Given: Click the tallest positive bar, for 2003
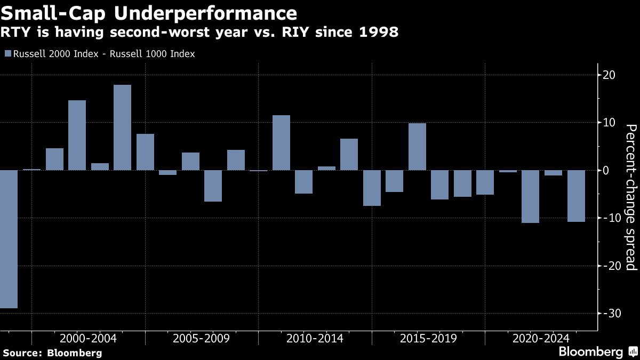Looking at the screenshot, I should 122,127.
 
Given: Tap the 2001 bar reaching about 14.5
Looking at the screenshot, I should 77,135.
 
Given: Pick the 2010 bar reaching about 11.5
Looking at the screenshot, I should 281,143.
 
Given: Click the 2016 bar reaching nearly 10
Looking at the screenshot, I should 417,147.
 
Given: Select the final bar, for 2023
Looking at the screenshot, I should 576,196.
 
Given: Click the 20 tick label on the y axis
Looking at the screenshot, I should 609,75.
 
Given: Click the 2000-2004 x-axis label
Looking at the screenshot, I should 89,339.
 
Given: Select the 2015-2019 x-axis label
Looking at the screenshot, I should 428,339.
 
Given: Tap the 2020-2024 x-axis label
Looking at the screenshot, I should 541,339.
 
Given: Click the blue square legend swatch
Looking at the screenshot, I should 7,53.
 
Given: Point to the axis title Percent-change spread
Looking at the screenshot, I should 631,197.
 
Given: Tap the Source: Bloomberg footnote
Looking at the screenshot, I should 52,353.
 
